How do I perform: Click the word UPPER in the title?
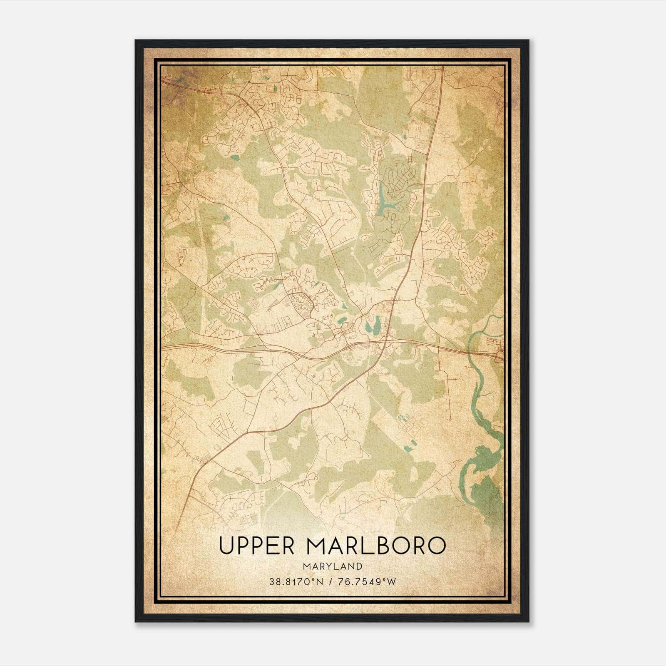(256, 546)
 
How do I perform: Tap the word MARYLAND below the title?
(332, 567)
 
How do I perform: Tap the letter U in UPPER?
(227, 546)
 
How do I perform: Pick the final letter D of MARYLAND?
(359, 567)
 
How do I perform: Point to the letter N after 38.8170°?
(320, 582)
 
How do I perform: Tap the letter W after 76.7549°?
(392, 582)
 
